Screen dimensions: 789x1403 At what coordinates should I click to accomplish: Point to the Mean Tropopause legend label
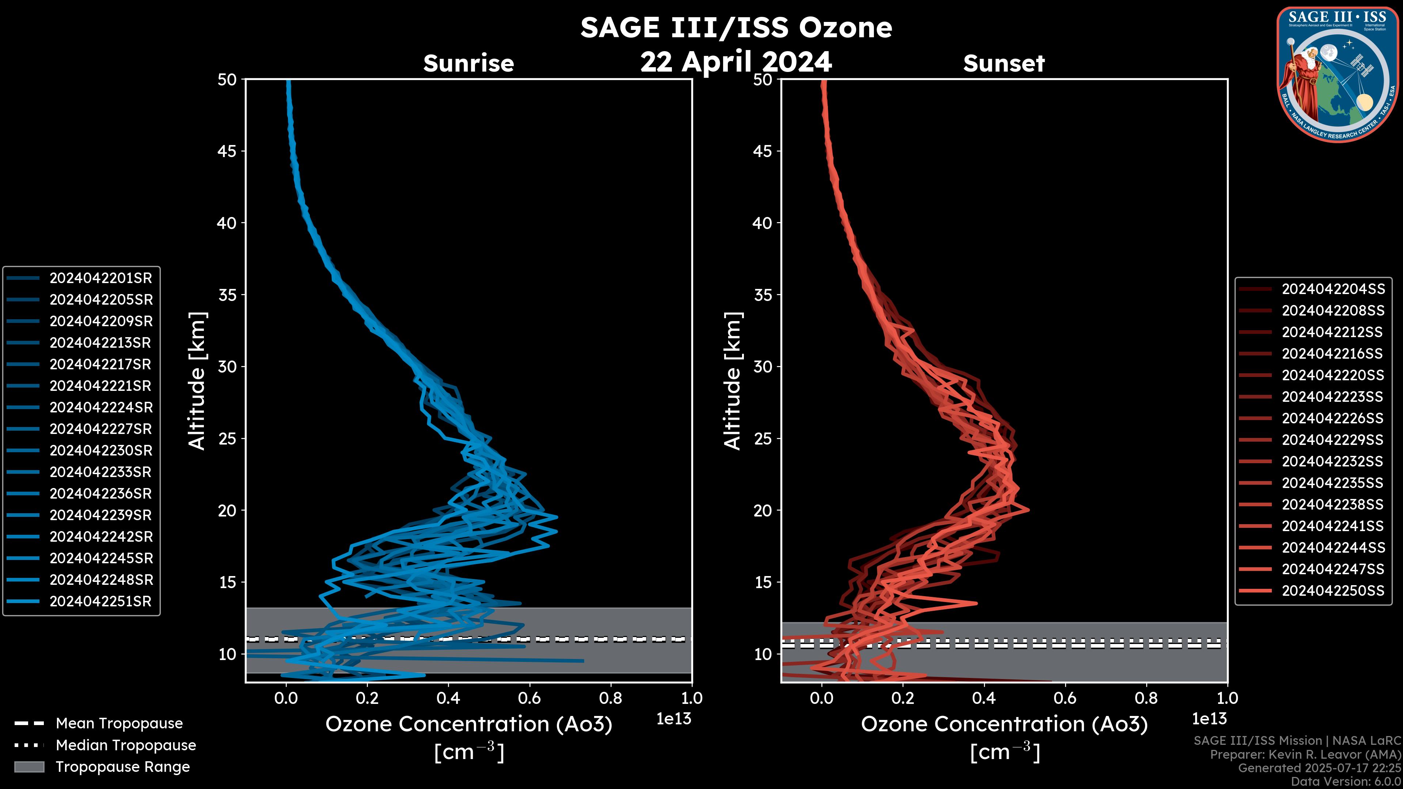(119, 724)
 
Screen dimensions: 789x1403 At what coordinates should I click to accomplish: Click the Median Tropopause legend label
(126, 746)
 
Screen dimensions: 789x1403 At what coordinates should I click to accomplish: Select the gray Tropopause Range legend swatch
(29, 767)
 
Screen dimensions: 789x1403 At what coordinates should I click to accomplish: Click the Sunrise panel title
(468, 64)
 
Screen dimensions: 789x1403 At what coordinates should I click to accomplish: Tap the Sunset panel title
(1004, 64)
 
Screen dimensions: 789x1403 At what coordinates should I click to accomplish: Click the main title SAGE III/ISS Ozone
(736, 28)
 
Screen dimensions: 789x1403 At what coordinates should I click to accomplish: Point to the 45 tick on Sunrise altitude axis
(227, 151)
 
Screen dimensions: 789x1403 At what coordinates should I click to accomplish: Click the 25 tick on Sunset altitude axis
(763, 439)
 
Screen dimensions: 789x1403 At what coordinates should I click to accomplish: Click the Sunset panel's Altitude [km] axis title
(733, 381)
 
